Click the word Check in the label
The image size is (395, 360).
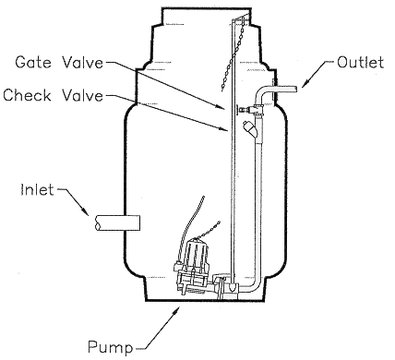tap(26, 95)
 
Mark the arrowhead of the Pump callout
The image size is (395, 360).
tap(173, 312)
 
